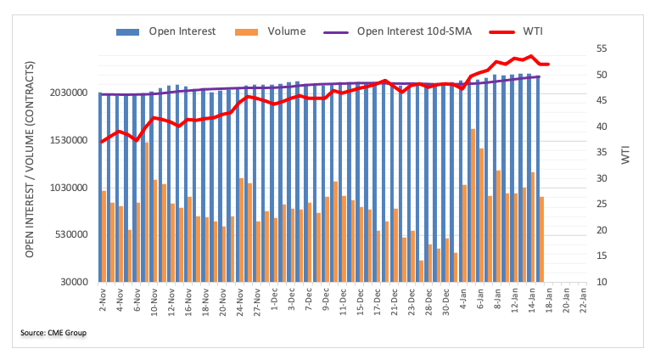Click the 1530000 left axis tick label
[x=65, y=140]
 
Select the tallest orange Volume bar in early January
[x=473, y=205]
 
